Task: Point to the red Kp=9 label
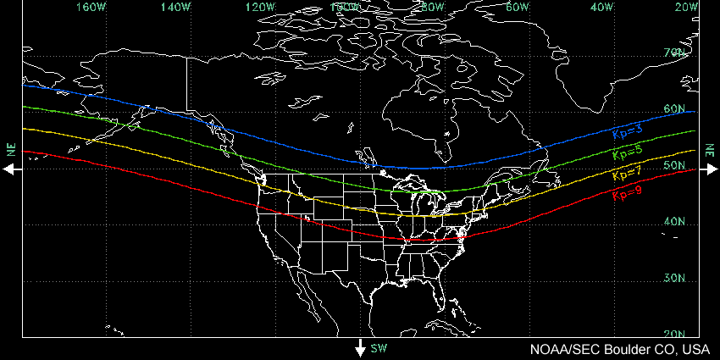626,194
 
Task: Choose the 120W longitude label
261,7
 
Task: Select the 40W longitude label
602,7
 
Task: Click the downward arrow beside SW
360,347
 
